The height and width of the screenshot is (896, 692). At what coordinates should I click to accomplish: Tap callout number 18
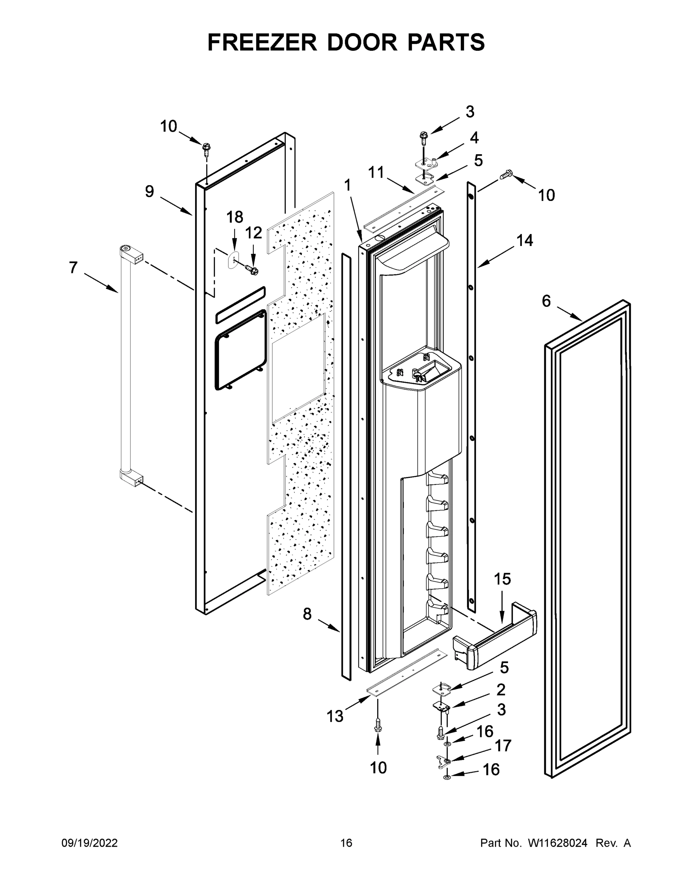235,217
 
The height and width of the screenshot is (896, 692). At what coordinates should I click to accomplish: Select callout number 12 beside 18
253,233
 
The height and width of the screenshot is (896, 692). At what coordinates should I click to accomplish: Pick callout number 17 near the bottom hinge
503,746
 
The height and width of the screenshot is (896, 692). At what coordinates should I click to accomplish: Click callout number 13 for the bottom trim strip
335,716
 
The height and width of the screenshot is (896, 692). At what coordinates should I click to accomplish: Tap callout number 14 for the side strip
525,240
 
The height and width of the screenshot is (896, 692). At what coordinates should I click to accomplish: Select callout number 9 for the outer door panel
150,191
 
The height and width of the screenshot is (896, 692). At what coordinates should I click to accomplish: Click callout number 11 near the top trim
376,172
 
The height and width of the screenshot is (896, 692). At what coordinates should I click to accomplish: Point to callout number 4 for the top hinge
474,138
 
